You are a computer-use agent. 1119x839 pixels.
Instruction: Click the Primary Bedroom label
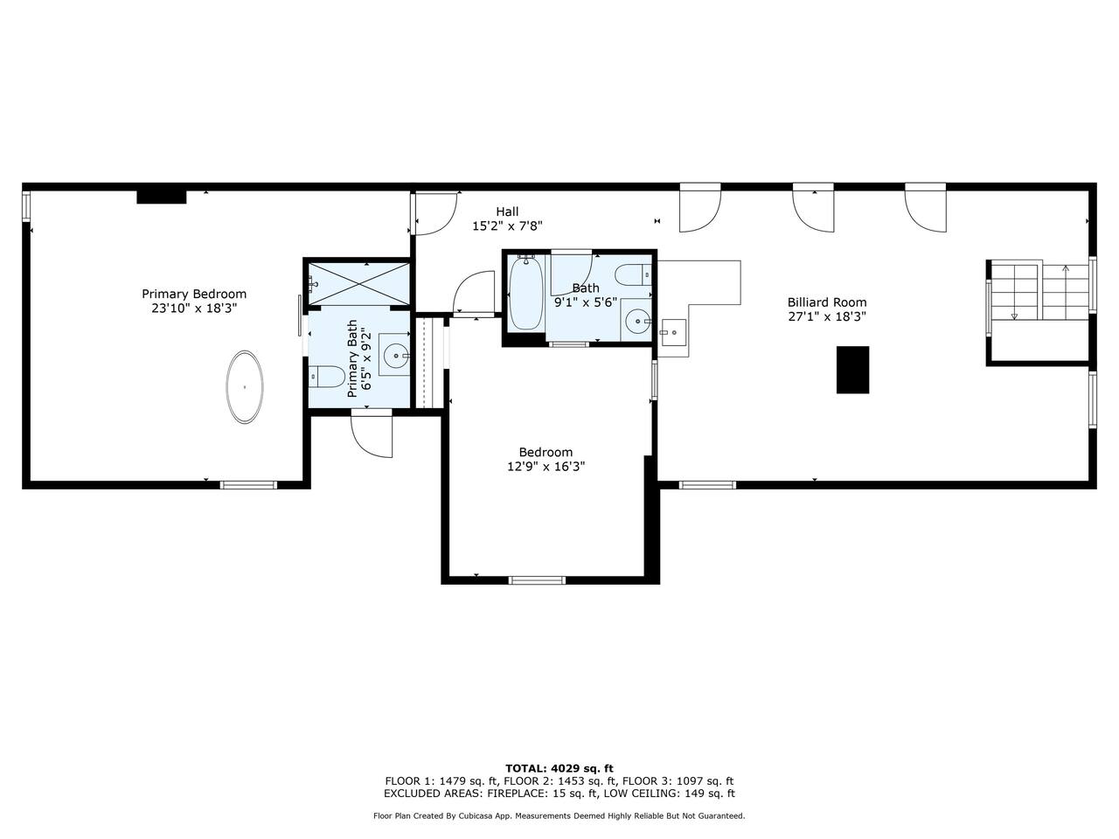194,294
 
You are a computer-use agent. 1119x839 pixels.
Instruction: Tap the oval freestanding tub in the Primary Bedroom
245,386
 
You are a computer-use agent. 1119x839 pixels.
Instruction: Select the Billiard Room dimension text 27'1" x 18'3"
827,316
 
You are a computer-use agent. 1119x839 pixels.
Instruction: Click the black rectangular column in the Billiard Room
852,370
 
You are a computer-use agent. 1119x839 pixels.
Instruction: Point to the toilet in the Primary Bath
326,377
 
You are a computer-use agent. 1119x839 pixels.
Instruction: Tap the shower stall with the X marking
359,284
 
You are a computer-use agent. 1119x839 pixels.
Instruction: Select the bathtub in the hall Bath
525,294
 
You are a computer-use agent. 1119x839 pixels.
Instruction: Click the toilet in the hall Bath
633,275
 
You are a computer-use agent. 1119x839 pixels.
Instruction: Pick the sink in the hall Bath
636,321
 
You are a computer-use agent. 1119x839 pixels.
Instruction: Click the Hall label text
507,211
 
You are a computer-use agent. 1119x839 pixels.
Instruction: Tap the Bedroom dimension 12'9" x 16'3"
546,466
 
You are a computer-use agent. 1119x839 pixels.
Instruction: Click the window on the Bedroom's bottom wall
538,580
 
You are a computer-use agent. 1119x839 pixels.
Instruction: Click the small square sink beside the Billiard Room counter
673,333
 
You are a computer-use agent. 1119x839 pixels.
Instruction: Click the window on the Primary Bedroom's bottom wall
249,485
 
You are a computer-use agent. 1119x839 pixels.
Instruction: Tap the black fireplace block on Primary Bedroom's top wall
162,198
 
